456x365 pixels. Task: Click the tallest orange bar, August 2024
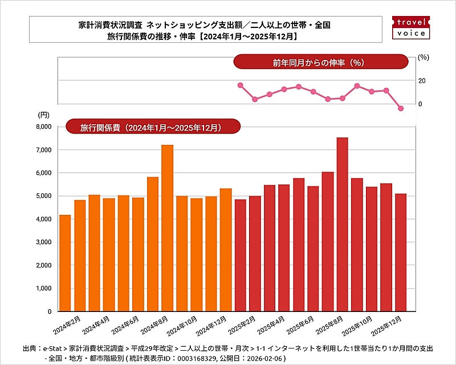click(x=167, y=228)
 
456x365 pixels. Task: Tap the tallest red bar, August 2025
click(x=342, y=225)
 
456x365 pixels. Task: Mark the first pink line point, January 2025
click(x=241, y=85)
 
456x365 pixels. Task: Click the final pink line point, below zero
click(x=401, y=108)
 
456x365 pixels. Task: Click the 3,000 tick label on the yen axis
click(x=43, y=242)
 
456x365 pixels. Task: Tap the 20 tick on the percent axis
click(x=421, y=81)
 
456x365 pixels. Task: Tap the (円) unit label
click(x=44, y=115)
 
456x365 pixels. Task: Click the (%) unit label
click(x=423, y=57)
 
